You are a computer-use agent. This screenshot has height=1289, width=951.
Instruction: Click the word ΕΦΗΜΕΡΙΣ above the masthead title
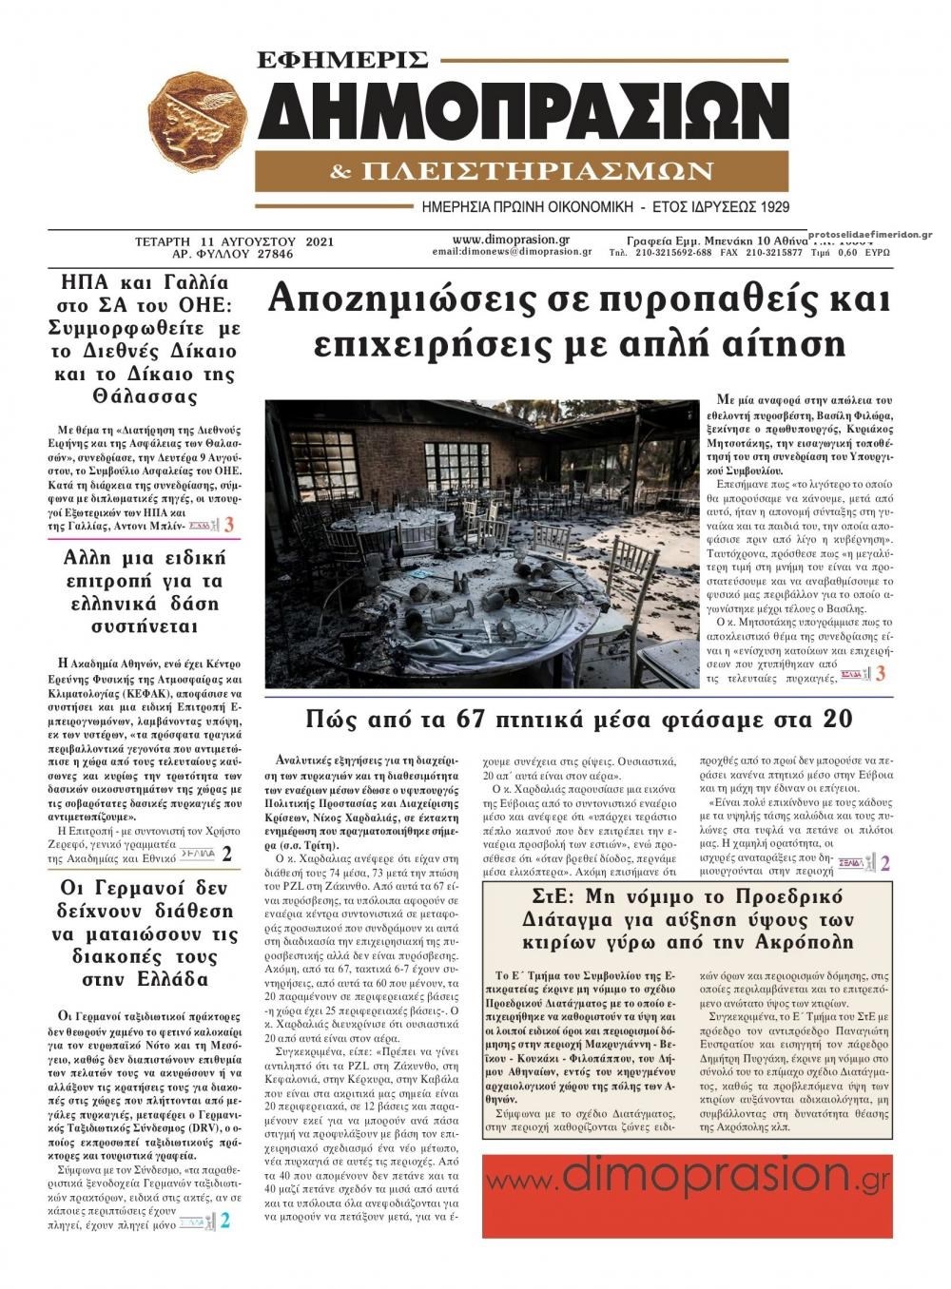(x=343, y=60)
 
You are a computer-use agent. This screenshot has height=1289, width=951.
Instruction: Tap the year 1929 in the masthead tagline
(x=773, y=206)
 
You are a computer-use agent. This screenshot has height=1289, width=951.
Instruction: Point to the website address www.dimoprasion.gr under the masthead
(x=512, y=240)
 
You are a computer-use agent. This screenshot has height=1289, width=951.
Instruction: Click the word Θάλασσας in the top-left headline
(x=143, y=396)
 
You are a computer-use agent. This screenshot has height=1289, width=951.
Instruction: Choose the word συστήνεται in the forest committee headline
(x=143, y=626)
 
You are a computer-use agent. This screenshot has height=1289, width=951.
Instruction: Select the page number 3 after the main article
(x=881, y=674)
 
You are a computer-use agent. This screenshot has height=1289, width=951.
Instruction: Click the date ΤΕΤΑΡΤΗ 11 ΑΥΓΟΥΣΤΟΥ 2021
(x=234, y=242)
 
